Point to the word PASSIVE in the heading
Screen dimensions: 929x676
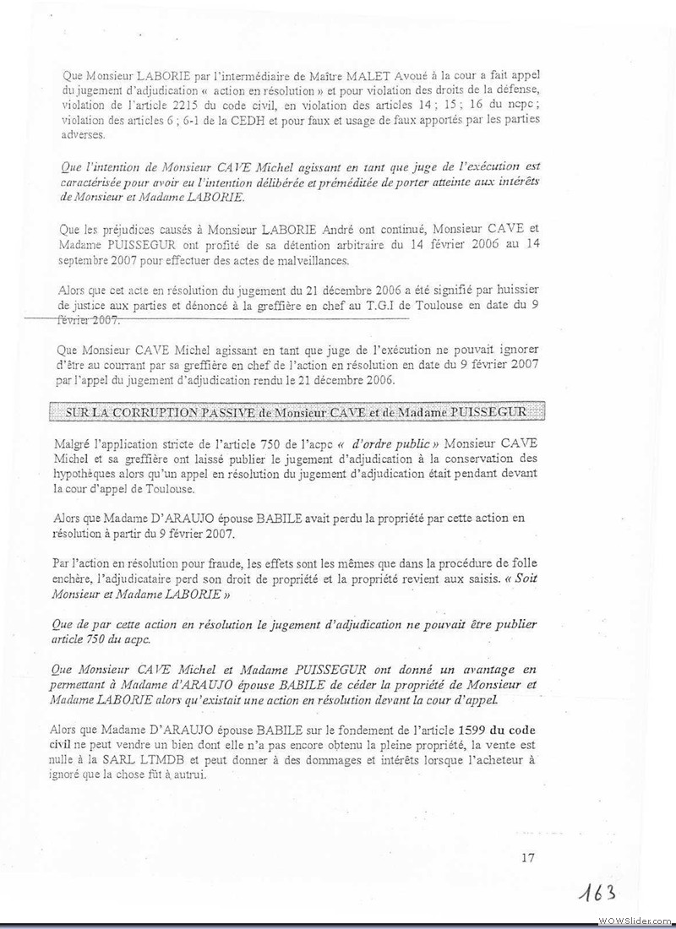tap(241, 411)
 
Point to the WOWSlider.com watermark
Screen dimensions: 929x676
tap(635, 920)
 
